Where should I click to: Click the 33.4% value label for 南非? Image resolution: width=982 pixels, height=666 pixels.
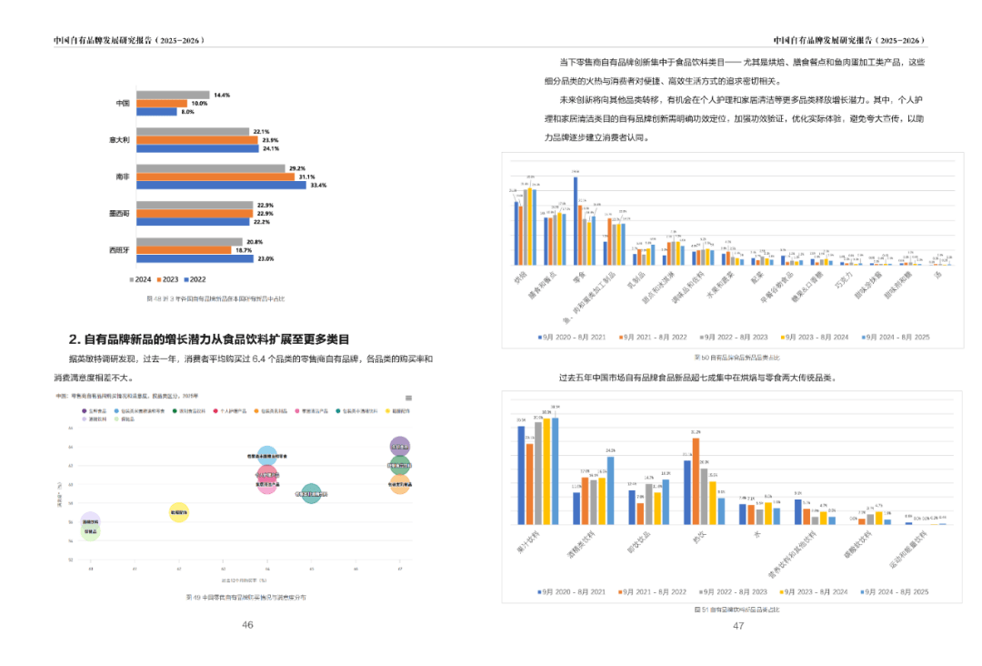point(317,185)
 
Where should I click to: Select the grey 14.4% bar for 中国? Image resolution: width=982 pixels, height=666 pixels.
point(173,95)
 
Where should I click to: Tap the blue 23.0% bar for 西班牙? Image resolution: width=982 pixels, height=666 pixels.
point(195,258)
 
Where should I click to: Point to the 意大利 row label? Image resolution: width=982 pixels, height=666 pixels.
point(118,139)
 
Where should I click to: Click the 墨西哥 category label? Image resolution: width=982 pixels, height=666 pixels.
point(118,213)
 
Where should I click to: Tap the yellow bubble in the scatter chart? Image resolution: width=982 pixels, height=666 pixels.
point(179,513)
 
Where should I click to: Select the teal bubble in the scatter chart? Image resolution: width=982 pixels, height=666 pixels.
point(311,494)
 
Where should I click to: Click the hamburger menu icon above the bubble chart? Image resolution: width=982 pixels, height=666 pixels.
point(408,398)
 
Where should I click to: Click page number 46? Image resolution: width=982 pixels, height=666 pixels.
point(247,625)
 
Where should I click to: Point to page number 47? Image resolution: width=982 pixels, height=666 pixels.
point(738,625)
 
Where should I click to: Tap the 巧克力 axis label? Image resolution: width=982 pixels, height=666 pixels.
point(846,277)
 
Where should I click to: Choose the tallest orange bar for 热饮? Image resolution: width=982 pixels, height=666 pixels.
point(696,480)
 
